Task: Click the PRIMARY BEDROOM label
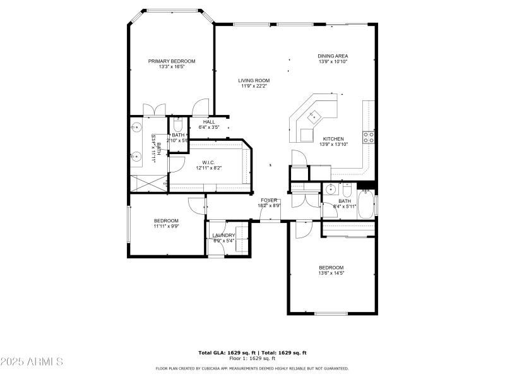pyautogui.click(x=172, y=61)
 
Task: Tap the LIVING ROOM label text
pyautogui.click(x=254, y=80)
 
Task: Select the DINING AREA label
pyautogui.click(x=333, y=56)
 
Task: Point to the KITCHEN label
pyautogui.click(x=333, y=139)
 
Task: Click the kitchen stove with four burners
pyautogui.click(x=369, y=134)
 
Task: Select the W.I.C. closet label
pyautogui.click(x=209, y=162)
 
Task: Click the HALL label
pyautogui.click(x=209, y=122)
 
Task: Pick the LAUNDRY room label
pyautogui.click(x=223, y=236)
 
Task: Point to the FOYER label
pyautogui.click(x=269, y=200)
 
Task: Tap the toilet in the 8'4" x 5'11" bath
pyautogui.click(x=347, y=189)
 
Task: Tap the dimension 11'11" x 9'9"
pyautogui.click(x=166, y=227)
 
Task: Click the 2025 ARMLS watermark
pyautogui.click(x=32, y=362)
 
